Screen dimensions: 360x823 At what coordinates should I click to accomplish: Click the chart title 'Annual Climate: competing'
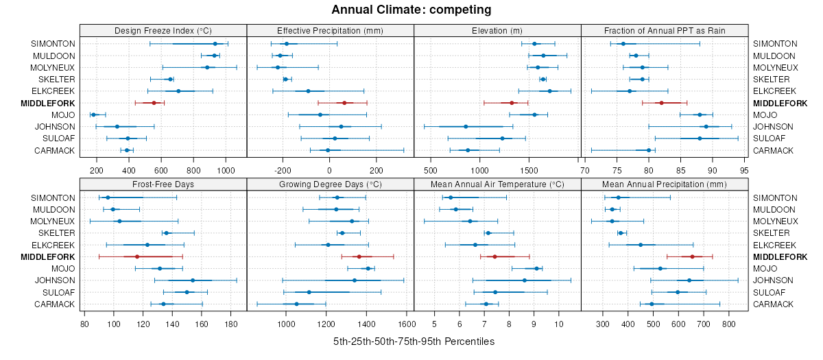click(411, 10)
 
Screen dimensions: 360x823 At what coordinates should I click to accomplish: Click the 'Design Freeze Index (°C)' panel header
click(163, 30)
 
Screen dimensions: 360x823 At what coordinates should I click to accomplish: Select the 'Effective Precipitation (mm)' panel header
click(330, 30)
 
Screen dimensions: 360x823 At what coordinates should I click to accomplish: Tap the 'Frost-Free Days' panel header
click(163, 184)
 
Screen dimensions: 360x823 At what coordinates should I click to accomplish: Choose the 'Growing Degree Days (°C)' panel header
click(330, 184)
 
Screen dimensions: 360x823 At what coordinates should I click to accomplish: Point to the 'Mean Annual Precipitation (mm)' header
click(665, 184)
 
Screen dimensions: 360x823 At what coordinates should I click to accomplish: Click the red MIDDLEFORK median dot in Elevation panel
click(512, 103)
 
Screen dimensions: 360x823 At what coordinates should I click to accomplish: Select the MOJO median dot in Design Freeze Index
click(94, 115)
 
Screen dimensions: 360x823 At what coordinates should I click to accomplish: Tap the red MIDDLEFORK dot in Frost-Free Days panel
click(137, 257)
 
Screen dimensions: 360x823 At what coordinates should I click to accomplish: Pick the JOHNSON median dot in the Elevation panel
click(466, 127)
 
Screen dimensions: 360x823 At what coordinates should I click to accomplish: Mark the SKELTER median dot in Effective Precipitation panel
click(285, 80)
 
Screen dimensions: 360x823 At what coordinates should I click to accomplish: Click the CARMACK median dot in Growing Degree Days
click(296, 304)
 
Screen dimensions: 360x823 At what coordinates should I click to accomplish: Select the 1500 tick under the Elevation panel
click(529, 170)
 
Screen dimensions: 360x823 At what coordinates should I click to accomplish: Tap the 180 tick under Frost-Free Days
click(231, 324)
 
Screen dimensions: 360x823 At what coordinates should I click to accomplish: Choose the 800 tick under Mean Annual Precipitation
click(728, 324)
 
